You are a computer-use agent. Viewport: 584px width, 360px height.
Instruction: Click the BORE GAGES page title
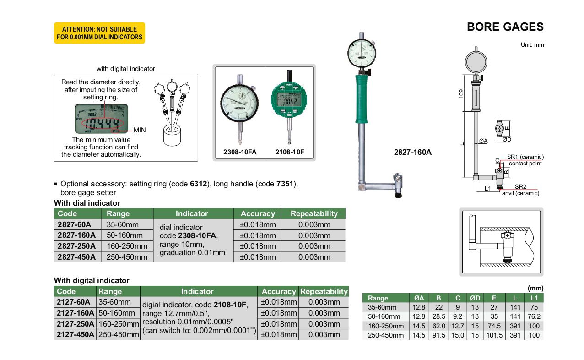click(505, 27)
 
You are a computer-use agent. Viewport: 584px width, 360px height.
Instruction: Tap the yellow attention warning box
click(99, 33)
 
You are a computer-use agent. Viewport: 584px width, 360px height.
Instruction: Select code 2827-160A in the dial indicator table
click(76, 235)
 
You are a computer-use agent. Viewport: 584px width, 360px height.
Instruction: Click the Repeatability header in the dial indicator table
click(314, 213)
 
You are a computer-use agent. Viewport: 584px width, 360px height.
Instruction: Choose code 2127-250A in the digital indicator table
click(76, 324)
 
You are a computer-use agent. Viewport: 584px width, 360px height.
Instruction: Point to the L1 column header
click(534, 298)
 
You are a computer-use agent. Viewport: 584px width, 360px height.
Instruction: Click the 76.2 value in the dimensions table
click(534, 316)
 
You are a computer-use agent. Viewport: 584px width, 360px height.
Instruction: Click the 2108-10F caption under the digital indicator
click(289, 152)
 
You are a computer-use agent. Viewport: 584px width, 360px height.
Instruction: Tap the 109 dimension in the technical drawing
click(461, 93)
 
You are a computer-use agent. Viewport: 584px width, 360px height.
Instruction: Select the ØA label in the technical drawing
click(483, 141)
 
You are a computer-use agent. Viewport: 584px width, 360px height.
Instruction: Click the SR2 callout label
click(520, 186)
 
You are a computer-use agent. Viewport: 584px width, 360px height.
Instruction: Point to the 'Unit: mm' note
click(532, 45)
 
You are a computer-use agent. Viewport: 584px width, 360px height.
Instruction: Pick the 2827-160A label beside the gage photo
click(412, 152)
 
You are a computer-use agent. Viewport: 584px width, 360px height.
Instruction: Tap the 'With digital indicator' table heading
click(92, 280)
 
